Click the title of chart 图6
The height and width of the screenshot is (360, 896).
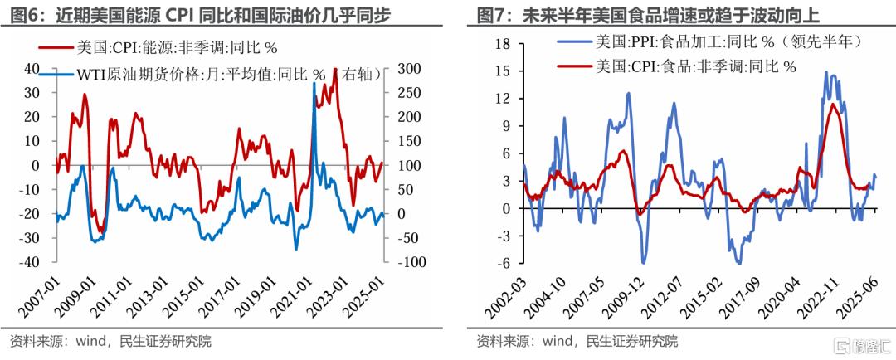(x=199, y=16)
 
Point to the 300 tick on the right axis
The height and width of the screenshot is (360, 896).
(x=410, y=69)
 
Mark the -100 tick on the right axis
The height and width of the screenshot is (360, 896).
(x=411, y=262)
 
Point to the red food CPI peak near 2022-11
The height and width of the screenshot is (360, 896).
(x=832, y=104)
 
